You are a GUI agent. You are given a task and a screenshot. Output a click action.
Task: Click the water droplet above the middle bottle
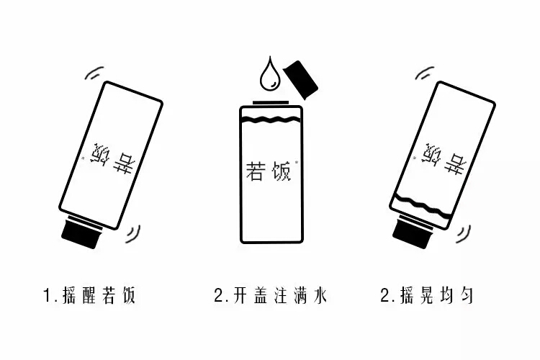click(x=271, y=75)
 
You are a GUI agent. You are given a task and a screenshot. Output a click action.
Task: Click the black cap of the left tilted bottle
click(x=81, y=233)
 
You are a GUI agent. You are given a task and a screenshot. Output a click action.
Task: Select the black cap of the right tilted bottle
click(x=413, y=233)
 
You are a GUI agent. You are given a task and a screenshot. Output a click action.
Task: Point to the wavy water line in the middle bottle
click(x=271, y=120)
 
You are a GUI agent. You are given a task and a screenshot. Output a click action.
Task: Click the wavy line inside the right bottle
click(x=422, y=206)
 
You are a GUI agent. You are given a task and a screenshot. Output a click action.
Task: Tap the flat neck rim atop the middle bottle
click(x=271, y=103)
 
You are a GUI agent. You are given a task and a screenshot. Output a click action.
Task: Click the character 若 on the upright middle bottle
click(x=255, y=171)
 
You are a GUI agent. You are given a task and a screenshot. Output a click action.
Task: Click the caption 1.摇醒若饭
click(x=89, y=295)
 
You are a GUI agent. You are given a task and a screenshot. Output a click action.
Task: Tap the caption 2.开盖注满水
click(x=270, y=295)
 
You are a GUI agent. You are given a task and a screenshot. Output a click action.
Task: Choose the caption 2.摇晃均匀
click(x=427, y=295)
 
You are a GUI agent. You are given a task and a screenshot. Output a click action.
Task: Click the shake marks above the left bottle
click(x=94, y=73)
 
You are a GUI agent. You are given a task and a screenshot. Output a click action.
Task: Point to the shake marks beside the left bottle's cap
click(x=133, y=234)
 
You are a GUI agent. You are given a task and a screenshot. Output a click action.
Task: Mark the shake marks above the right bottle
click(x=425, y=73)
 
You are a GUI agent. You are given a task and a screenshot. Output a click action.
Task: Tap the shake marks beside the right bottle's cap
click(x=464, y=234)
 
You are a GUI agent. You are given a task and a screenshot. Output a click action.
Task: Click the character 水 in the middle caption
click(x=319, y=296)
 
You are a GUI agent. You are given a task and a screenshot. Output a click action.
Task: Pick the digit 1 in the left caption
click(x=48, y=296)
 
